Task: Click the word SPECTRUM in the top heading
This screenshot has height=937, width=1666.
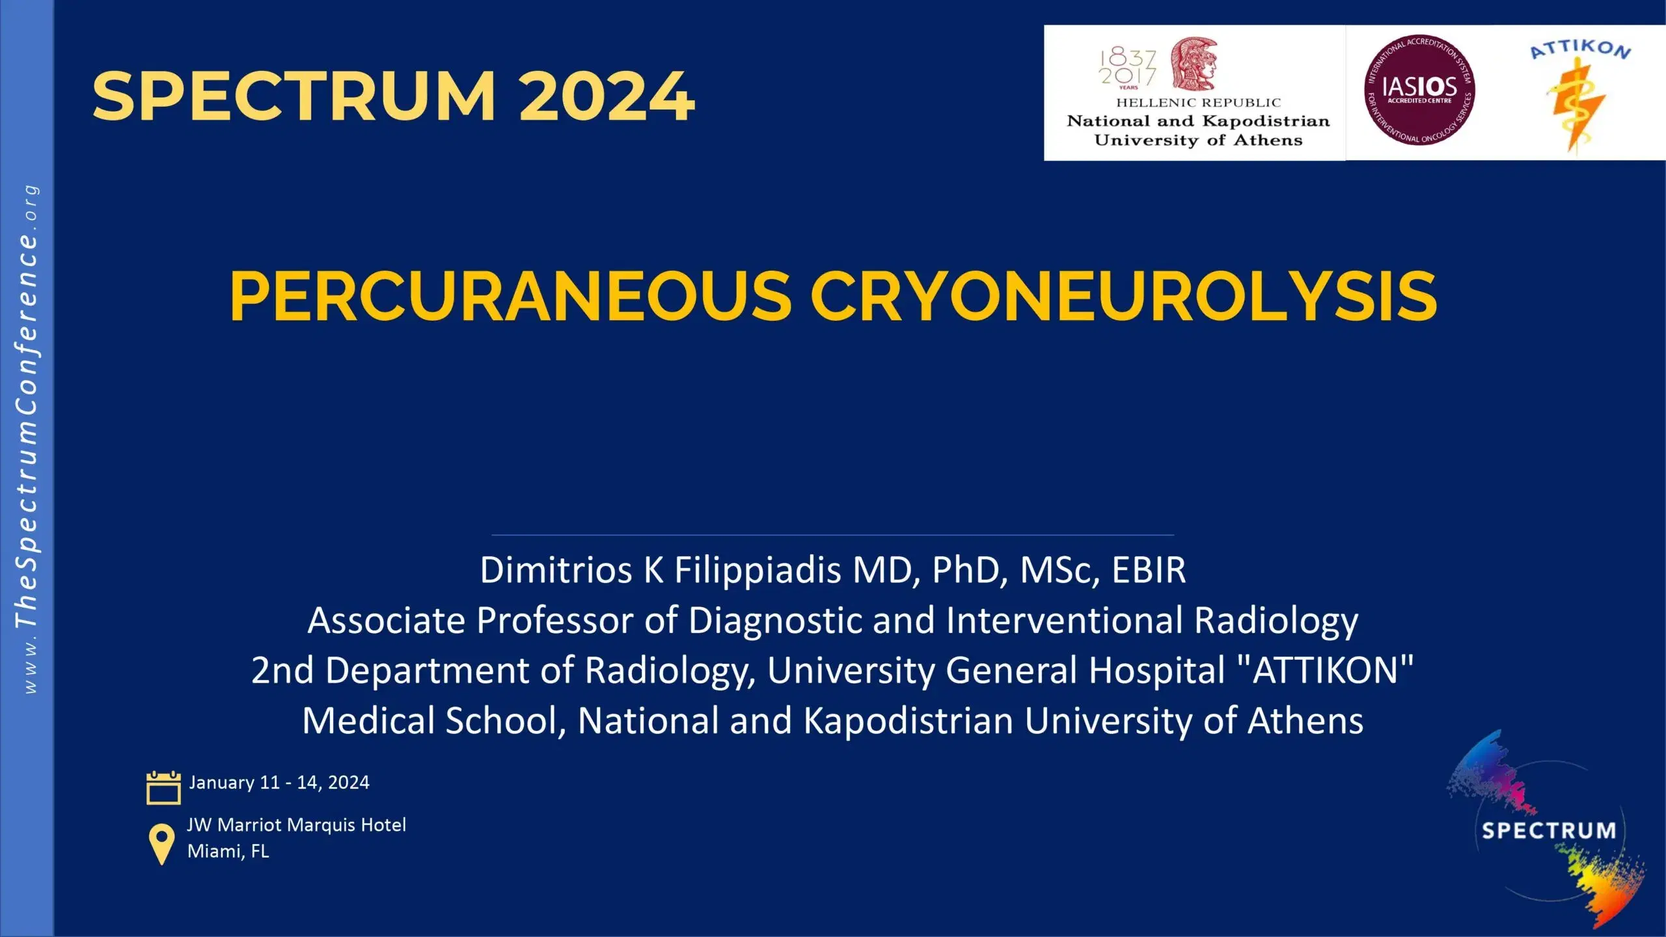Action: tap(294, 96)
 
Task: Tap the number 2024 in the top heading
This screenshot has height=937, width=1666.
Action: tap(607, 96)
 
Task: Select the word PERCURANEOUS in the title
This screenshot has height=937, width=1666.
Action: tap(510, 296)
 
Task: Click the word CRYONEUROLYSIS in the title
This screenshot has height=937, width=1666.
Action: tap(1124, 296)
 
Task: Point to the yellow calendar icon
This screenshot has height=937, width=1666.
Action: tap(163, 787)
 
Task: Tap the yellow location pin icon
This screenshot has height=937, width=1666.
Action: tap(161, 844)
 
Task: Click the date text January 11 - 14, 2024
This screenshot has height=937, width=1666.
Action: tap(279, 782)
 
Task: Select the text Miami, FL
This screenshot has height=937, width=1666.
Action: tap(228, 851)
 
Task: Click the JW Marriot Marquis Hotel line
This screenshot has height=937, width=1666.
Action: tap(297, 825)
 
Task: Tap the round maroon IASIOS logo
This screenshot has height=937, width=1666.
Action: tap(1419, 90)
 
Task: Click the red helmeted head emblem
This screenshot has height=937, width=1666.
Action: tap(1194, 63)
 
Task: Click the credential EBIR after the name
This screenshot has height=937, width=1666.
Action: tap(1149, 570)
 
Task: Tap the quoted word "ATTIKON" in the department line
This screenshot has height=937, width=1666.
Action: tap(1325, 670)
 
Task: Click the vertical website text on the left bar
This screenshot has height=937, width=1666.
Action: tap(27, 439)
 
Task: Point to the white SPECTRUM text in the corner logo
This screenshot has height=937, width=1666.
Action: tap(1549, 830)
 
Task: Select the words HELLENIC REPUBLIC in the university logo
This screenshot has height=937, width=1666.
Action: tap(1199, 103)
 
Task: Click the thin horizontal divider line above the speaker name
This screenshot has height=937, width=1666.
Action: tap(833, 535)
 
